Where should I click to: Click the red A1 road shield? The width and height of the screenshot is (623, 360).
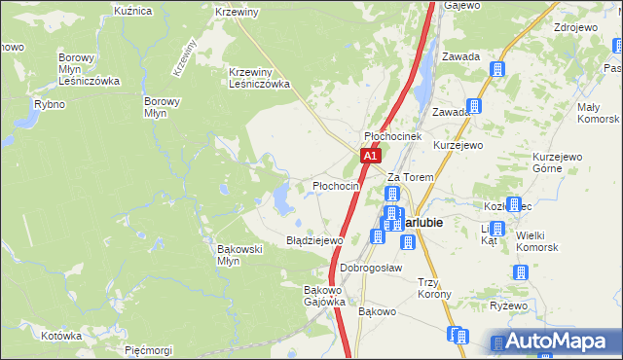point(369,156)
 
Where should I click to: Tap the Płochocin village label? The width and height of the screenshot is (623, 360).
point(336,186)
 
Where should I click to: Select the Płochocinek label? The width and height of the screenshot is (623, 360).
point(391,137)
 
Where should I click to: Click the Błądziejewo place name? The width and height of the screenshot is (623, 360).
point(314,239)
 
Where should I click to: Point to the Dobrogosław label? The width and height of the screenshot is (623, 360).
point(371,268)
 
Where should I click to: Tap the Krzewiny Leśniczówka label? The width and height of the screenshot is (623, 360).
point(260,78)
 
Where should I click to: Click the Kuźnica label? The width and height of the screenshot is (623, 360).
point(133,11)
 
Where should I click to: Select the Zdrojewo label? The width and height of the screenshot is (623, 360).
point(574,27)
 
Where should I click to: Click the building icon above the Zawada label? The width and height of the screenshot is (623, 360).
point(496,69)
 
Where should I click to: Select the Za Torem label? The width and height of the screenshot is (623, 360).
point(409,177)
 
